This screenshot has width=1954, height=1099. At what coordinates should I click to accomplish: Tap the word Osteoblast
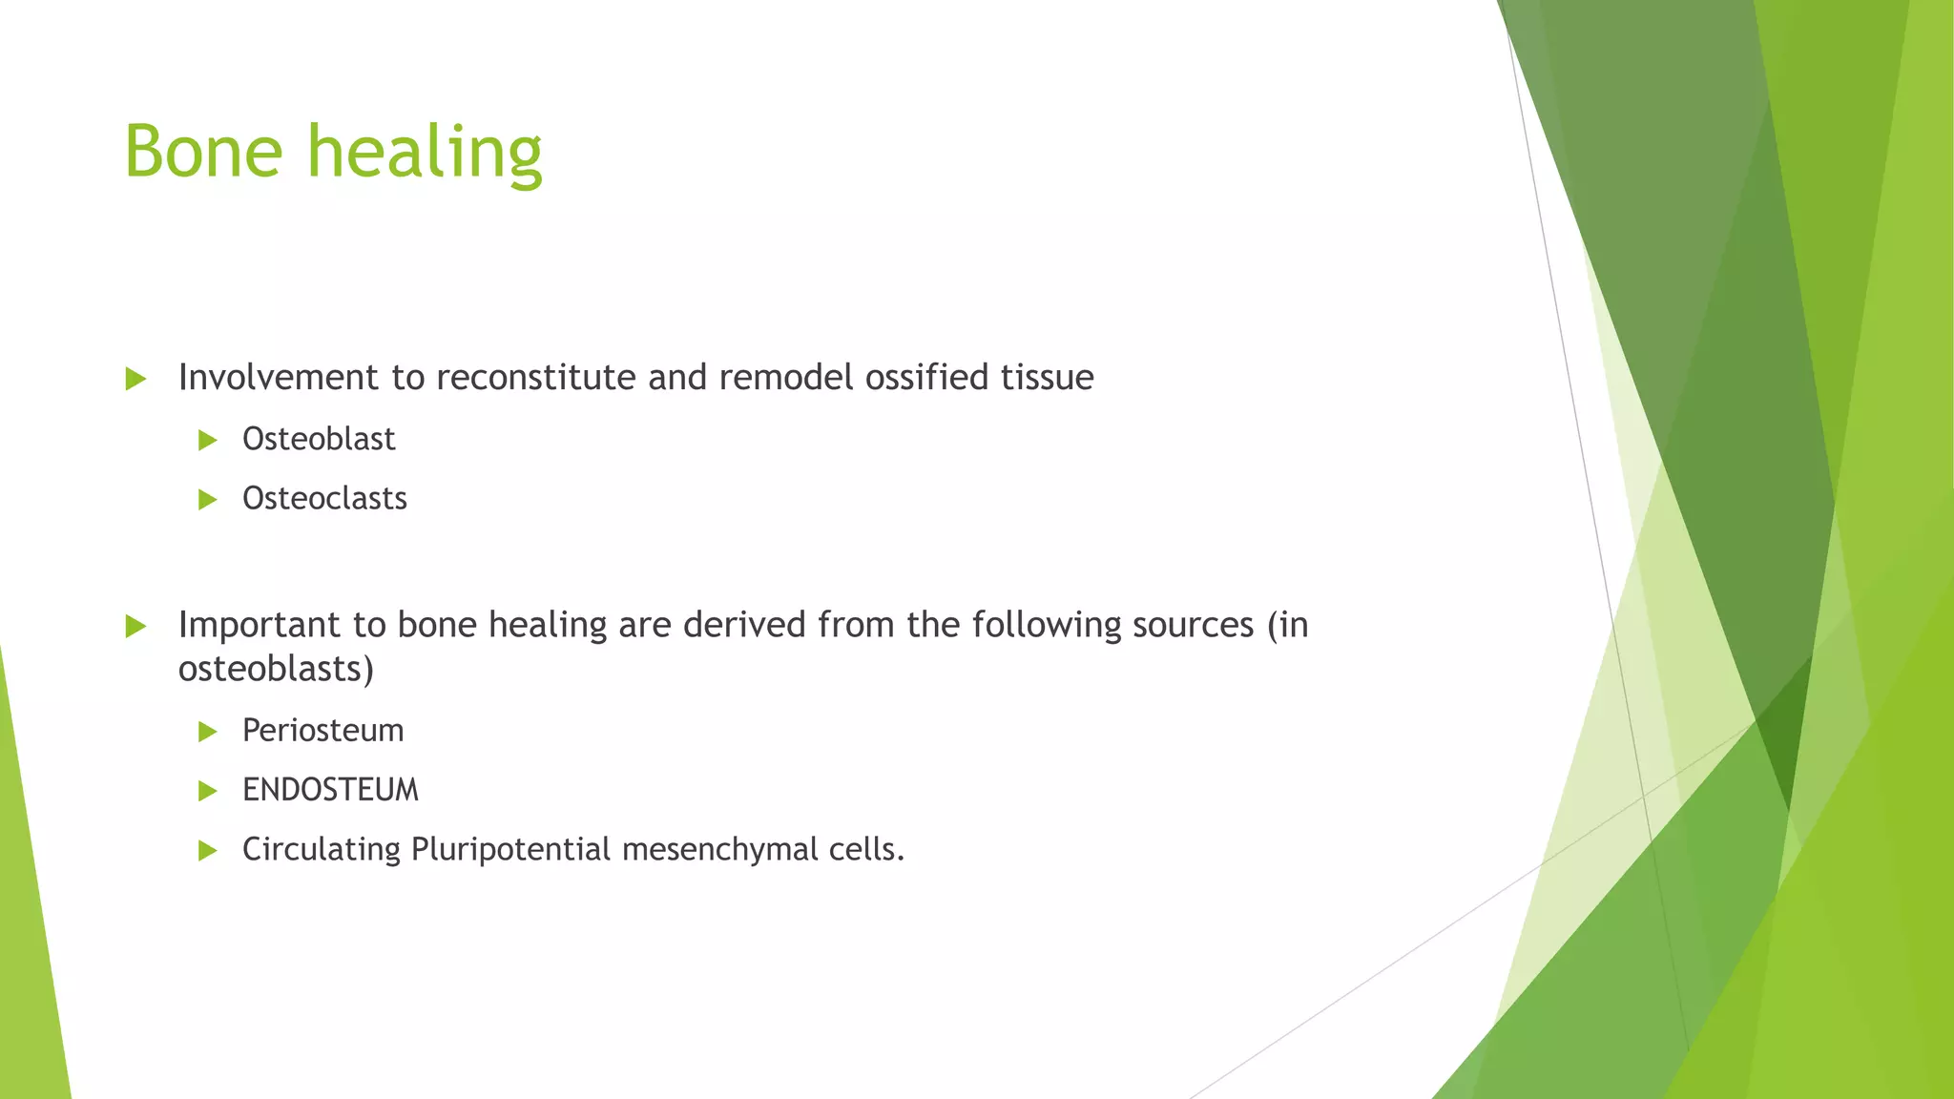pyautogui.click(x=319, y=439)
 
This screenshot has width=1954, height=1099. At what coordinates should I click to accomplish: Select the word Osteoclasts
pyautogui.click(x=324, y=498)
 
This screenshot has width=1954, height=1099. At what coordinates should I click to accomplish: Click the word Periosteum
pyautogui.click(x=322, y=731)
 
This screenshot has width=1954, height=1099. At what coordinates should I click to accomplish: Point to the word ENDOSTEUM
pyautogui.click(x=330, y=790)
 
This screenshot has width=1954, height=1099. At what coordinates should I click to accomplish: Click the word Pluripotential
pyautogui.click(x=510, y=849)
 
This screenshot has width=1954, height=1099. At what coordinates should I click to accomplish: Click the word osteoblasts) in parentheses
pyautogui.click(x=276, y=669)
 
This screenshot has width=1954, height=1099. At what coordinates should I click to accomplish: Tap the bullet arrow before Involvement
pyautogui.click(x=135, y=380)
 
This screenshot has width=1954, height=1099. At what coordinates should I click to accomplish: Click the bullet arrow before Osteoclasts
pyautogui.click(x=207, y=500)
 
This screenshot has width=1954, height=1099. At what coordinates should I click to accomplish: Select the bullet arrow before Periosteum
pyautogui.click(x=207, y=733)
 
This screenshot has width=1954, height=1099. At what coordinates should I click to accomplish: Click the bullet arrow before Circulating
pyautogui.click(x=207, y=851)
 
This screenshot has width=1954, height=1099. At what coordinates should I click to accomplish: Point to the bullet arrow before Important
pyautogui.click(x=135, y=627)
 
